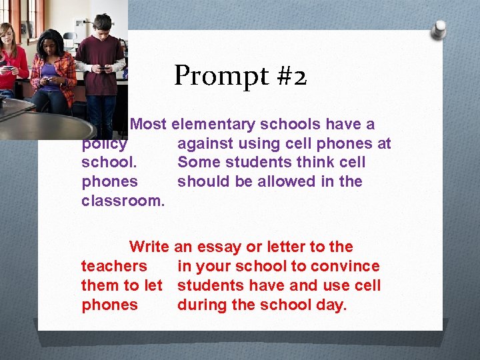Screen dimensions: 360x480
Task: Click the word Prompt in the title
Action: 217,77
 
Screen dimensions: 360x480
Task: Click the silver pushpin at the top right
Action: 439,30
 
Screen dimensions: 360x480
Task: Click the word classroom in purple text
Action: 121,201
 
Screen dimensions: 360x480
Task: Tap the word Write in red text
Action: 149,247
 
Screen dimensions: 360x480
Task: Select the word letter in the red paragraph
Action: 285,247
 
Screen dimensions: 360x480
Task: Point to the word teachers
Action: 114,267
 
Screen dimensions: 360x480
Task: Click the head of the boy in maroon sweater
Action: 102,25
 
